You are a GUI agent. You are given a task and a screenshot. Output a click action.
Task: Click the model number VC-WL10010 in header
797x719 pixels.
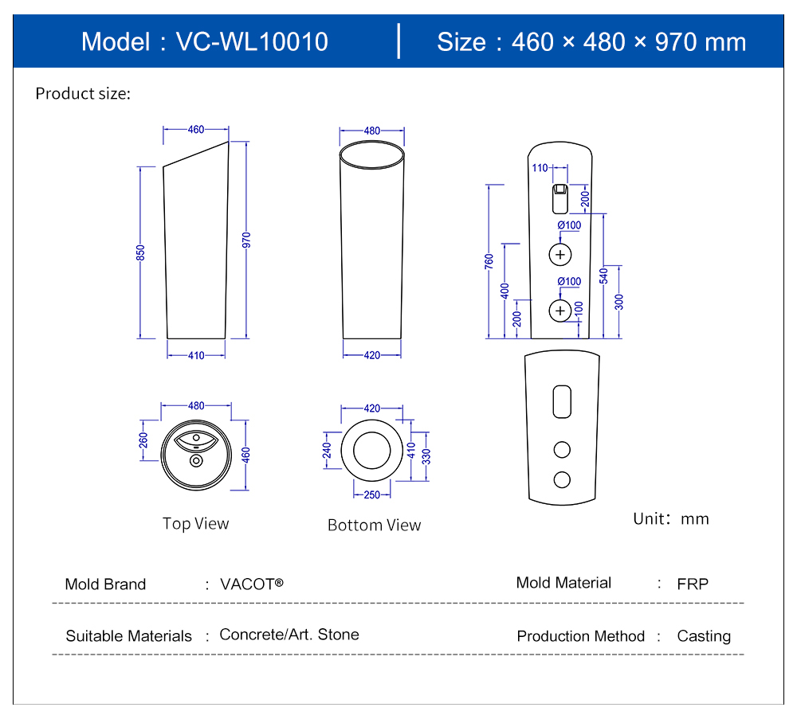click(x=252, y=41)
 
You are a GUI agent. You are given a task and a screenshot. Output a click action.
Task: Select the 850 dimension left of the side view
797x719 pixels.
click(x=140, y=252)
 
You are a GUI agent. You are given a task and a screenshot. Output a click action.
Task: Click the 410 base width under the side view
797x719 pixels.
click(x=196, y=355)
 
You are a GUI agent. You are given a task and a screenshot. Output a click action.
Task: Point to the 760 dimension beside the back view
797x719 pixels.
click(x=489, y=261)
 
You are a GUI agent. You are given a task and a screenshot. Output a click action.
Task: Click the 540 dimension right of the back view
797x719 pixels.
click(x=604, y=275)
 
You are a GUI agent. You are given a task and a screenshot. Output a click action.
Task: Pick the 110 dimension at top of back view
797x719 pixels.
click(x=540, y=168)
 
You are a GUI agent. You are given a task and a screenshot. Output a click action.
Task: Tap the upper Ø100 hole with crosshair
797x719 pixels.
click(x=561, y=255)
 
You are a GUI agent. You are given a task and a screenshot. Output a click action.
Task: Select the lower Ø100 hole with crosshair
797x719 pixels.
click(x=561, y=310)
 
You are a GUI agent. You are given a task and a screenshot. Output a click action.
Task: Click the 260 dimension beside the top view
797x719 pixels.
click(x=143, y=440)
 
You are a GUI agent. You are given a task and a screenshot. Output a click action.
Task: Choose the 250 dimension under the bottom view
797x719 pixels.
click(x=372, y=494)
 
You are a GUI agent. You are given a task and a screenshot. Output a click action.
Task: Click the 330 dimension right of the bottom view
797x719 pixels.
click(x=426, y=456)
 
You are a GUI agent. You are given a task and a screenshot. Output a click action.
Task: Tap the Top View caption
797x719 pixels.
click(x=195, y=523)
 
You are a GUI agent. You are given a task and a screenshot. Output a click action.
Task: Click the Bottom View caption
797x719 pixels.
click(x=374, y=525)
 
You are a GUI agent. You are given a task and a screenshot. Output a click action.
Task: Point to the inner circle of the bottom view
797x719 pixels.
click(x=371, y=450)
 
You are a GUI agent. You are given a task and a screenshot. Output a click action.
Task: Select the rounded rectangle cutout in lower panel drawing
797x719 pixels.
click(x=562, y=402)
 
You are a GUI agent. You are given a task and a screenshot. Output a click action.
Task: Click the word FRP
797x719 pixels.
click(x=693, y=584)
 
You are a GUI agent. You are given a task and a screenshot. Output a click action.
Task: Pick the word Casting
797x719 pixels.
click(x=704, y=636)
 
